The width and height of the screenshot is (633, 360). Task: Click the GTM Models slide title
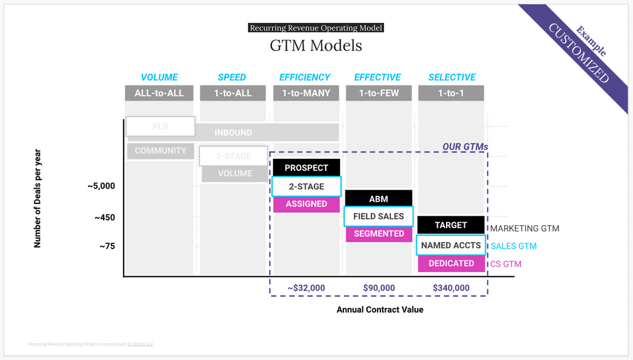[316, 45]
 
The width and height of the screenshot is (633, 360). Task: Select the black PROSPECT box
[306, 168]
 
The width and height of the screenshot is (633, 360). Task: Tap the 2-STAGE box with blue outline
[306, 186]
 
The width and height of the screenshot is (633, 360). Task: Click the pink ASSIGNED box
[306, 204]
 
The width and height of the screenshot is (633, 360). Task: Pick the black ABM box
[378, 199]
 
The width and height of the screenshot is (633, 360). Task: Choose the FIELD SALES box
[378, 216]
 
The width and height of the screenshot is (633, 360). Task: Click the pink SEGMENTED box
[378, 233]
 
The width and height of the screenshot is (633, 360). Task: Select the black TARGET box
[451, 225]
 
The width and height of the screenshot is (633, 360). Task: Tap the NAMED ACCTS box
[451, 245]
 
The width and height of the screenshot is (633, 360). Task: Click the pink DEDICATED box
[451, 263]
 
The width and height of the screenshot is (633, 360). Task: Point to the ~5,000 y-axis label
[101, 186]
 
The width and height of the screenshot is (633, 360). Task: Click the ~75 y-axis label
[107, 246]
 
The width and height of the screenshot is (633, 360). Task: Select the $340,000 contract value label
[451, 288]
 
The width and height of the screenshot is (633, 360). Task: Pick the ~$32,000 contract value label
[306, 288]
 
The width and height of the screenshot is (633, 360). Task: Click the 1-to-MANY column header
[306, 93]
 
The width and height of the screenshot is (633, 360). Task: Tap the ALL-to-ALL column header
[159, 93]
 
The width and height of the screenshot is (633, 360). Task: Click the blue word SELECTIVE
[451, 77]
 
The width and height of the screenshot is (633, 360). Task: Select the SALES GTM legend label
[513, 246]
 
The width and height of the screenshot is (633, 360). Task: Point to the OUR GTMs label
[465, 147]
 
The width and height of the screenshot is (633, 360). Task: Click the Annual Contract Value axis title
[379, 310]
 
